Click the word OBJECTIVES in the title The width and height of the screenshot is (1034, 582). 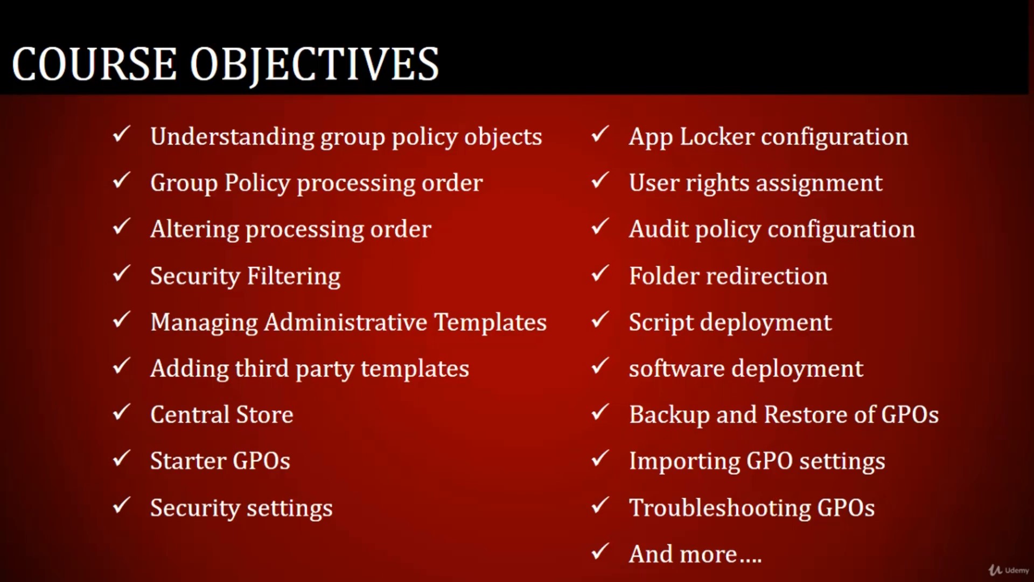pos(315,65)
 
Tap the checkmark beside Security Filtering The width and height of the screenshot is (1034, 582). pos(121,273)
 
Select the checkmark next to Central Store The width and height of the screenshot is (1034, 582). pos(121,412)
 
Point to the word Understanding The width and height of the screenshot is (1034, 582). pos(232,137)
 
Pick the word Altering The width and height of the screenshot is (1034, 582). pos(194,229)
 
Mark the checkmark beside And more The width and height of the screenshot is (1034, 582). pos(600,551)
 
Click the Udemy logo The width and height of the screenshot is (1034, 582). pos(1009,570)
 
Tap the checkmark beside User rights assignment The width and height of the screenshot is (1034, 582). pos(600,181)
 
